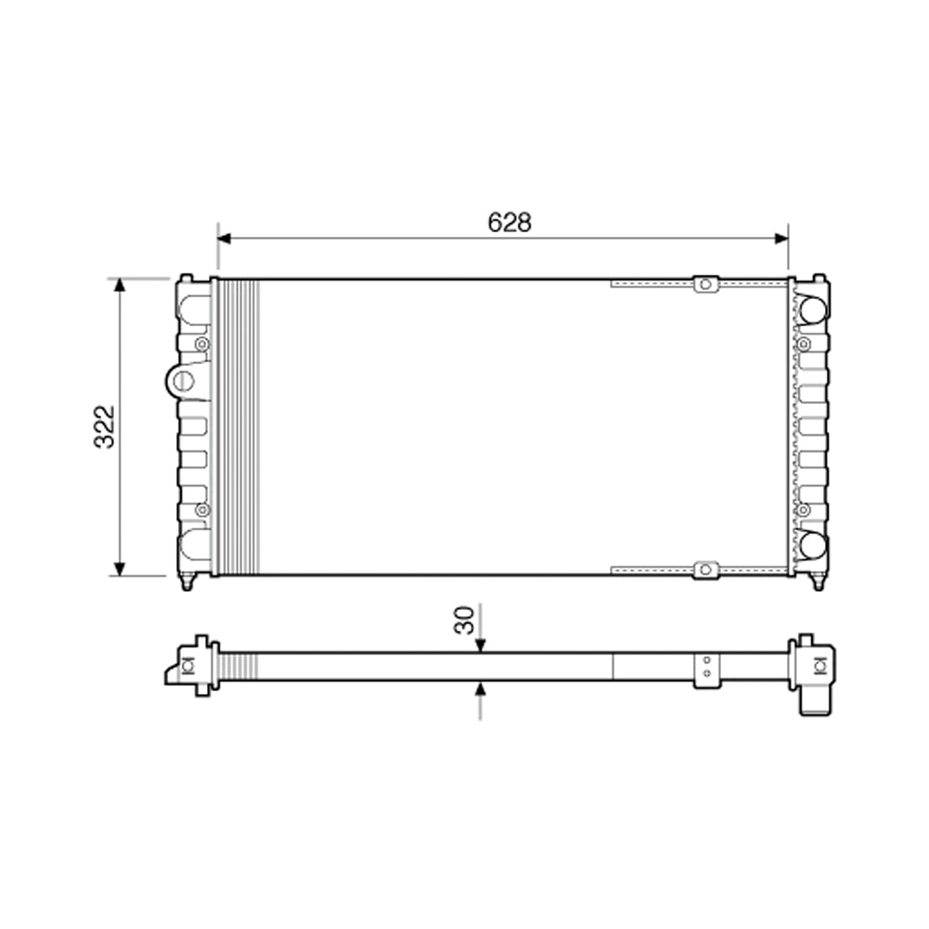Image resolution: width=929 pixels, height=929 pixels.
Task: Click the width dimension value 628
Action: pos(509,223)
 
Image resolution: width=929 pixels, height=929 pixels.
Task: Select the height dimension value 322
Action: pos(104,426)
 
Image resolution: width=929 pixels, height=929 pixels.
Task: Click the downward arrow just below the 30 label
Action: pos(479,645)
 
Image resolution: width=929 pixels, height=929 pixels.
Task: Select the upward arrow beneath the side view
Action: pos(479,688)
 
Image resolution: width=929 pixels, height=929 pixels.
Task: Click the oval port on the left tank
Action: pos(183,380)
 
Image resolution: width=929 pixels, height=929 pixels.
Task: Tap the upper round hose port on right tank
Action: pos(813,309)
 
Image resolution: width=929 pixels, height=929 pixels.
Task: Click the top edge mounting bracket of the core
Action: pos(706,283)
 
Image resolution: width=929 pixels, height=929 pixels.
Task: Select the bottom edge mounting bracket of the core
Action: pos(706,569)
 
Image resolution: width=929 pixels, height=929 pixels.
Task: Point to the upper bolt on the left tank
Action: pos(201,345)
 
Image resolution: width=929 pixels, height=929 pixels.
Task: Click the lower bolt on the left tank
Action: pos(201,509)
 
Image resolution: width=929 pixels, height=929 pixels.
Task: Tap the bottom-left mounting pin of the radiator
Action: pos(190,582)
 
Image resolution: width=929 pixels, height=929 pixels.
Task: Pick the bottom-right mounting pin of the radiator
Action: pos(818,582)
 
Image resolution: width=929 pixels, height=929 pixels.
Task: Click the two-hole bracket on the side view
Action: pos(707,667)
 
